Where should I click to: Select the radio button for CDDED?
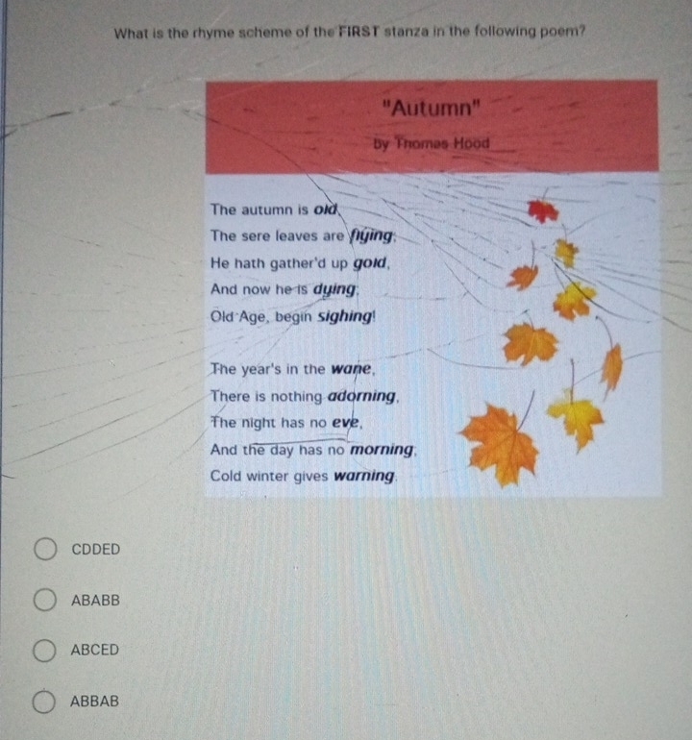click(45, 549)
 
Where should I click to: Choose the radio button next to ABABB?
click(45, 600)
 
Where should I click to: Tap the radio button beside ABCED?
click(44, 651)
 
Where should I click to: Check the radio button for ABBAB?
click(44, 702)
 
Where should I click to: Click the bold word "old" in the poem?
click(326, 210)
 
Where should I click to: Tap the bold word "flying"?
click(371, 235)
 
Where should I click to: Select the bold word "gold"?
click(370, 263)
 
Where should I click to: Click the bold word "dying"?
click(334, 289)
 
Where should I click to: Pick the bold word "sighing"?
click(345, 316)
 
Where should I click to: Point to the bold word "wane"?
click(351, 369)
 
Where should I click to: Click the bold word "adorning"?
click(362, 396)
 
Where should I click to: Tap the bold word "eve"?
click(346, 423)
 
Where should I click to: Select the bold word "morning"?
click(382, 450)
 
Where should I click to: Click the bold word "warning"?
click(364, 476)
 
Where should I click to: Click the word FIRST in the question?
click(358, 32)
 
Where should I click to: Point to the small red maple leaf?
click(543, 210)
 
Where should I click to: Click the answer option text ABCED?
click(95, 650)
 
